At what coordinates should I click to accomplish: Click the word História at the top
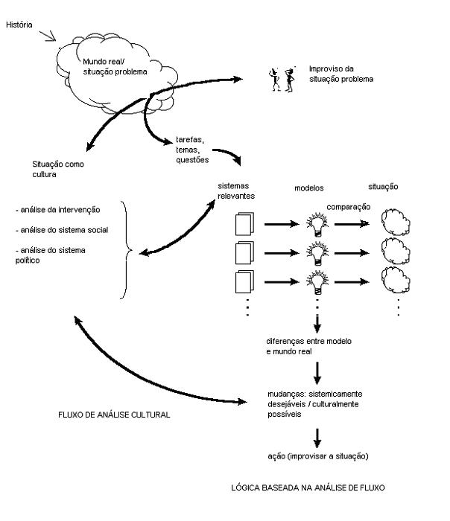19,23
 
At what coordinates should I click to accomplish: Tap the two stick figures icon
279,77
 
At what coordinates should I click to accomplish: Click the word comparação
348,207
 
